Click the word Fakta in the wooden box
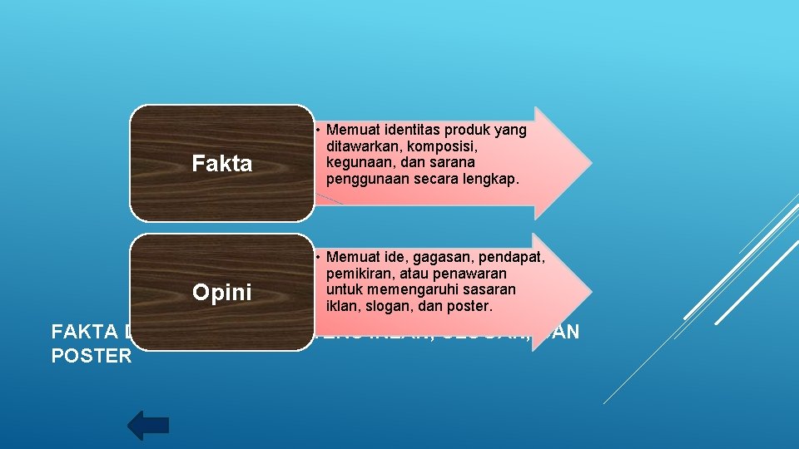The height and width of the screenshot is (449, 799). click(x=221, y=164)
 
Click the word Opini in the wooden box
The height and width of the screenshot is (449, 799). click(x=221, y=293)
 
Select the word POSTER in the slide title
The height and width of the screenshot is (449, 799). click(x=91, y=356)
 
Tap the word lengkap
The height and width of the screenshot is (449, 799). click(x=490, y=177)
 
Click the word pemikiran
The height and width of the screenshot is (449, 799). click(x=361, y=274)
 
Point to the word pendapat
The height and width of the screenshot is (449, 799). click(x=513, y=258)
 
